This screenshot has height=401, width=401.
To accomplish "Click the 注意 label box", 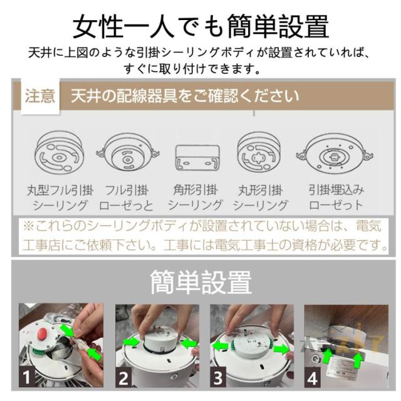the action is click(40, 96).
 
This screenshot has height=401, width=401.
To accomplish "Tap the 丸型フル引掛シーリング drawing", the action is click(60, 152).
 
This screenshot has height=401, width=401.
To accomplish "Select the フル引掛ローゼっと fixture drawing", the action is click(128, 152).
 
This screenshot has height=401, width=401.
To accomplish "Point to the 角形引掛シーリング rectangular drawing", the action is click(197, 157).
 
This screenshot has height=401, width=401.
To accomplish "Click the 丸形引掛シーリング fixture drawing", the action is click(259, 153).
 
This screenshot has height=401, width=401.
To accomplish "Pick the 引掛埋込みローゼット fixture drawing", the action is click(334, 154).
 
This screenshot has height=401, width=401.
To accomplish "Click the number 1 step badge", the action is click(26, 377).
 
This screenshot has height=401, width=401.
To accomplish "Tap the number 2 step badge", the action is click(123, 377).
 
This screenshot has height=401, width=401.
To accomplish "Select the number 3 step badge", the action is click(218, 377).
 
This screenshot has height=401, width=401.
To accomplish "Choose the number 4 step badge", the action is click(313, 377).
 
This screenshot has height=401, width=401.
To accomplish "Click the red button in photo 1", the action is click(42, 333).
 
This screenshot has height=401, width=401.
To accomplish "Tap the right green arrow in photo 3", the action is click(281, 348).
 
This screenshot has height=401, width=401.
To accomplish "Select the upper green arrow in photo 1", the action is click(67, 330).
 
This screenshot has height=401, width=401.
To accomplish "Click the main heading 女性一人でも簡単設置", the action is click(200, 26).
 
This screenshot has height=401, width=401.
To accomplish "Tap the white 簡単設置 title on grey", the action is click(200, 282).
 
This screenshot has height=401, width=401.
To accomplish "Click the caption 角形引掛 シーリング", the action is click(195, 197).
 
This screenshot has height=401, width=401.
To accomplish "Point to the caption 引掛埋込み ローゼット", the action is click(336, 197).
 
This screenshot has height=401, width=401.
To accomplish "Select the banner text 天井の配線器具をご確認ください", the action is click(185, 96).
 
